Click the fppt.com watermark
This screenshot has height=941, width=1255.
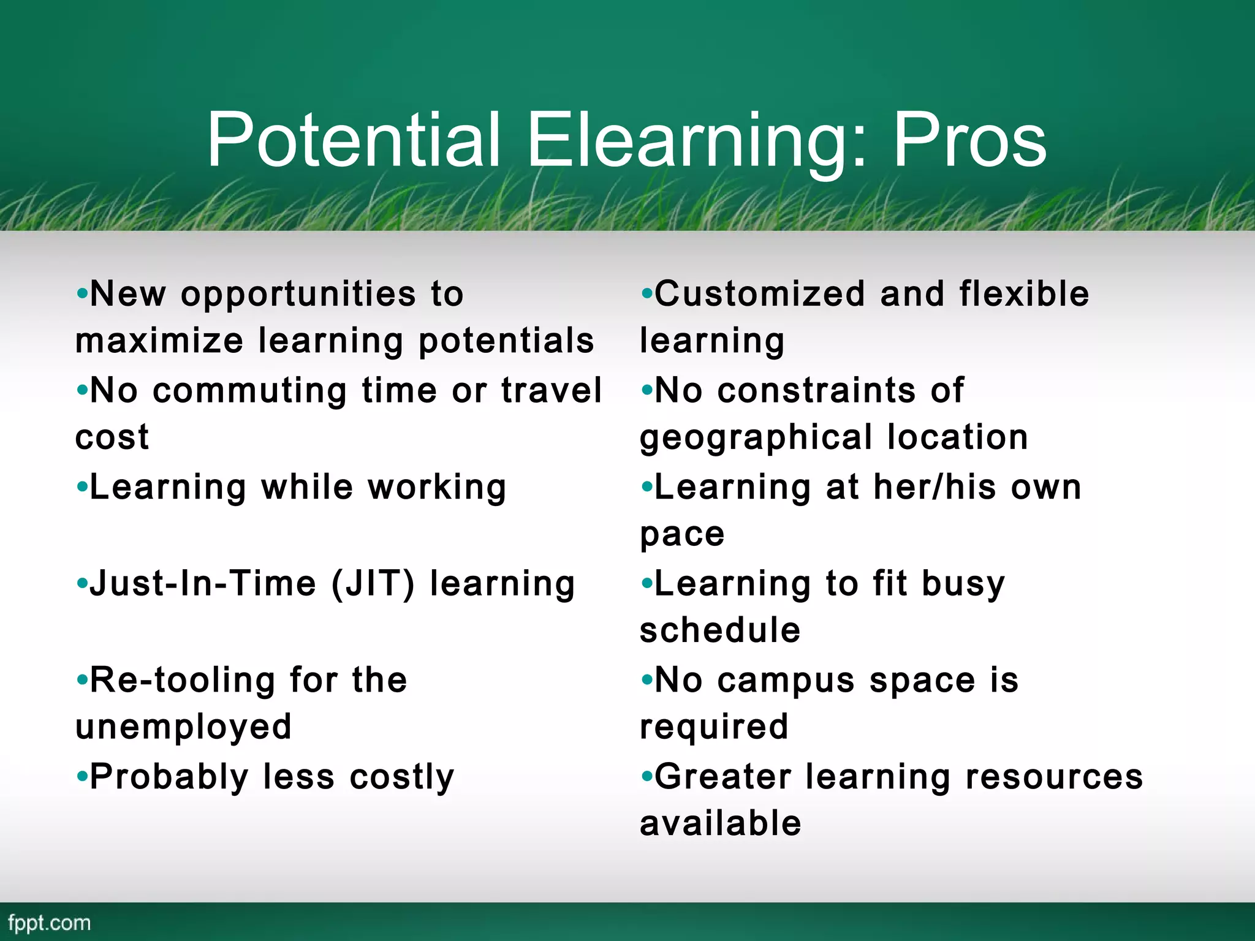point(49,923)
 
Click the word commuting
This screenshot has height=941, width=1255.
point(250,391)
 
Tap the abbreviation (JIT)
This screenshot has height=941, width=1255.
point(373,583)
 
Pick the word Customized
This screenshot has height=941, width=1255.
point(760,294)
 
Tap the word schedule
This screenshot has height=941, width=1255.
point(720,631)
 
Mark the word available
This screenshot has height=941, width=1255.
point(720,823)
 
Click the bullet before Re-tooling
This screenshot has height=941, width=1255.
point(82,680)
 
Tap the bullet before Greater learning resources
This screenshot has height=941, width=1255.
point(646,777)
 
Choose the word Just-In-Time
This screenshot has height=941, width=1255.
point(203,583)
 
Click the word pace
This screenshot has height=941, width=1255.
point(682,535)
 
